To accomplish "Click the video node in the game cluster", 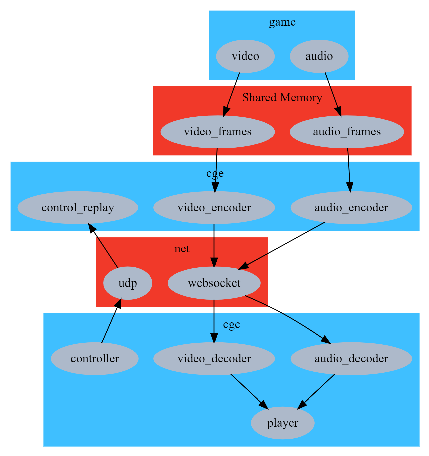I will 245,56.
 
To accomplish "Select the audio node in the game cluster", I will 319,56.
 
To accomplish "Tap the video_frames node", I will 218,132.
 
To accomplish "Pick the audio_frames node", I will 347,132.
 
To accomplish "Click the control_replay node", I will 78,208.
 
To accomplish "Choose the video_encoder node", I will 214,208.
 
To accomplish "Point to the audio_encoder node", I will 351,208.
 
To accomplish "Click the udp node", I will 128,283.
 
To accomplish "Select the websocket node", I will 214,283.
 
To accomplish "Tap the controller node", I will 95,359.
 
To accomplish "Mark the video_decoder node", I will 214,359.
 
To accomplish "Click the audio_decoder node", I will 351,359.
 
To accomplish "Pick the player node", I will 283,423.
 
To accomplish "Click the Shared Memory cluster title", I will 282,98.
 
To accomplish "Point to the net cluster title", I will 182,249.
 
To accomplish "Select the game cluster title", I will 282,22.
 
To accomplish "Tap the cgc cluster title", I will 232,324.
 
